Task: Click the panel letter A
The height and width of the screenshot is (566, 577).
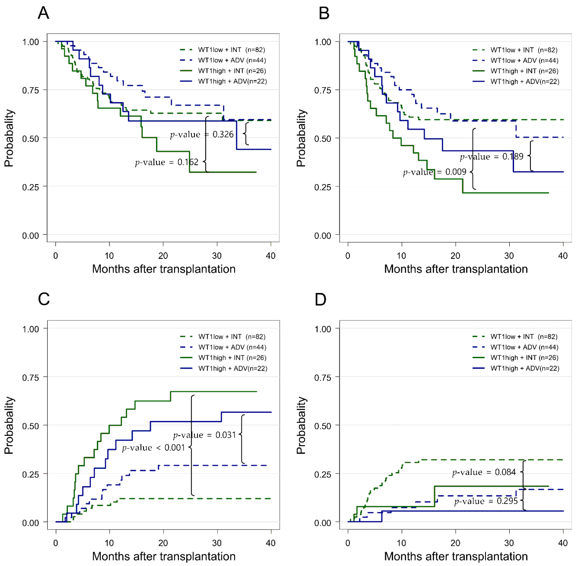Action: tap(43, 13)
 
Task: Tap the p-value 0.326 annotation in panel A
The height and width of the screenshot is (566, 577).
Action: tap(202, 135)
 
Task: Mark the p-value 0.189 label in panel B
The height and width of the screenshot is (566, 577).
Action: tap(491, 157)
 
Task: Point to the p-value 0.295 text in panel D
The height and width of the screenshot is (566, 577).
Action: tap(486, 501)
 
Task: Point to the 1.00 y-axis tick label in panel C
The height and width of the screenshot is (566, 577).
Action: tap(31, 329)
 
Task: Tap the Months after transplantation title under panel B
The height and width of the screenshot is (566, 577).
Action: tap(456, 269)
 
